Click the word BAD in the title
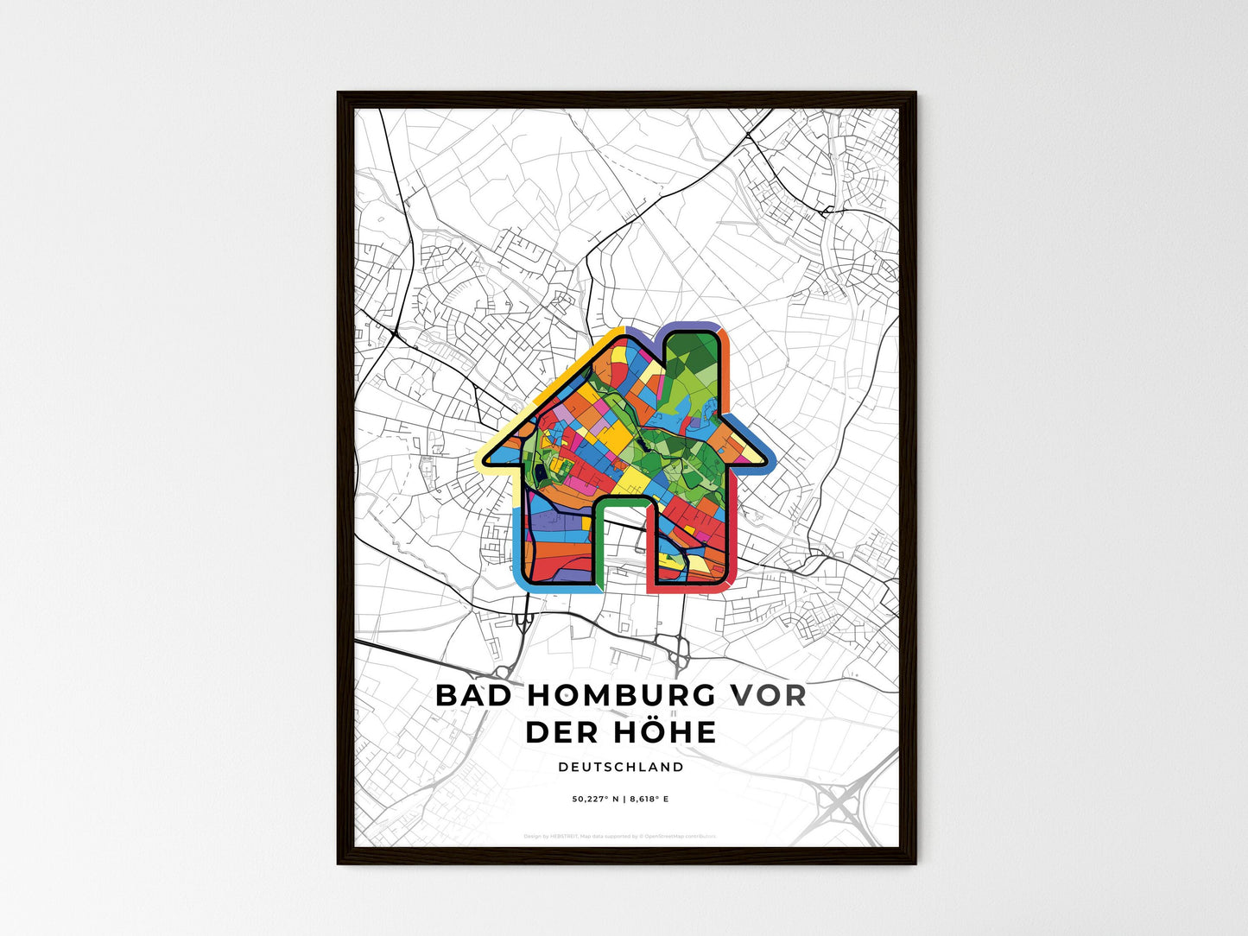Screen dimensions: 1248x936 click(x=472, y=695)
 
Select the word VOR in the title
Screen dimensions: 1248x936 click(x=769, y=695)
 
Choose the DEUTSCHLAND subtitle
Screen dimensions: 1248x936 click(x=621, y=767)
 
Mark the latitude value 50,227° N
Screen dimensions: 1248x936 click(x=597, y=800)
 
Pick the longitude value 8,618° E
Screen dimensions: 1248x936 click(x=649, y=800)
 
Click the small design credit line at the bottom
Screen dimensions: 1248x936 click(x=620, y=836)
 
